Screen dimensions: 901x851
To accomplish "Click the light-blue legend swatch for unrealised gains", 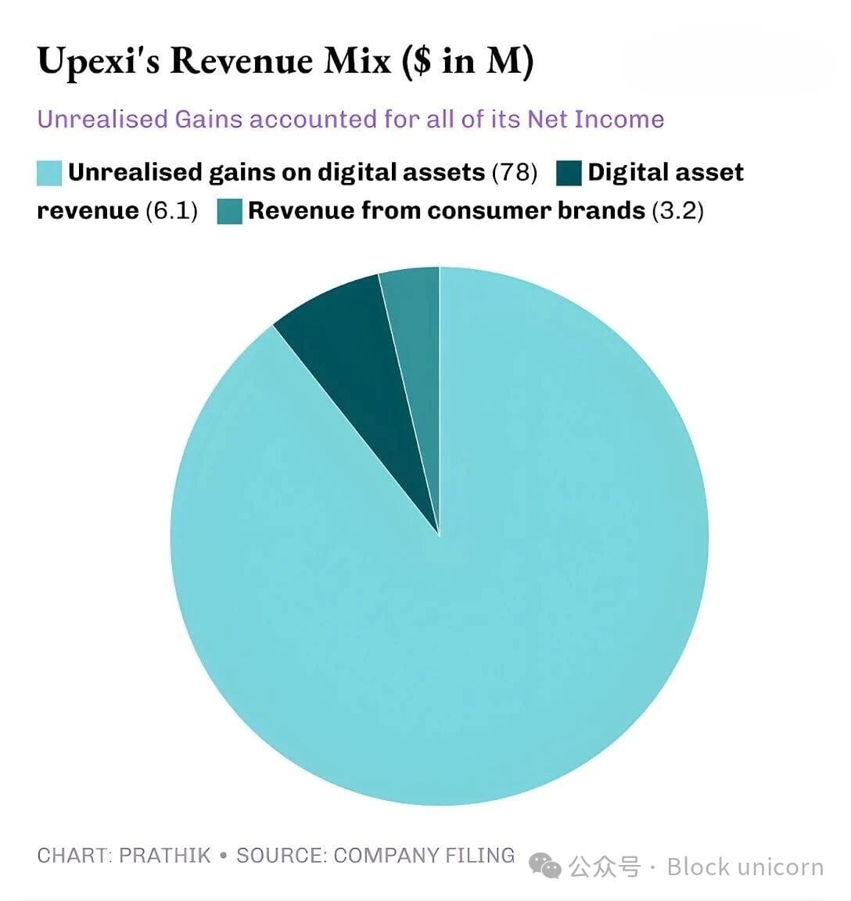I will tap(49, 173).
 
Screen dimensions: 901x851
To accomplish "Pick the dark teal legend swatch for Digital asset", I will tap(569, 173).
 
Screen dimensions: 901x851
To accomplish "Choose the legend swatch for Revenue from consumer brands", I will tap(230, 211).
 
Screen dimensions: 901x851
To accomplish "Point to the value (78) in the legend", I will tap(514, 172).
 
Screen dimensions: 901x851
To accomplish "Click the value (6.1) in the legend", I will tap(171, 210).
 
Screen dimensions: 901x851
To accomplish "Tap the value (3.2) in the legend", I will tap(677, 210).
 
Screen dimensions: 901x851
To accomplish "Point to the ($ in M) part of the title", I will tap(468, 61).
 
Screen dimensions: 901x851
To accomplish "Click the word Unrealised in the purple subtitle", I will tap(102, 119).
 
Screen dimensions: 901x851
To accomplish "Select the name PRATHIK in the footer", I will tap(165, 855).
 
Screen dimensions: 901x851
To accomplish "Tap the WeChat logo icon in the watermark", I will tap(545, 864).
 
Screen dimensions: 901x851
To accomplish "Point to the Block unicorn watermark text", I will tap(745, 867).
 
